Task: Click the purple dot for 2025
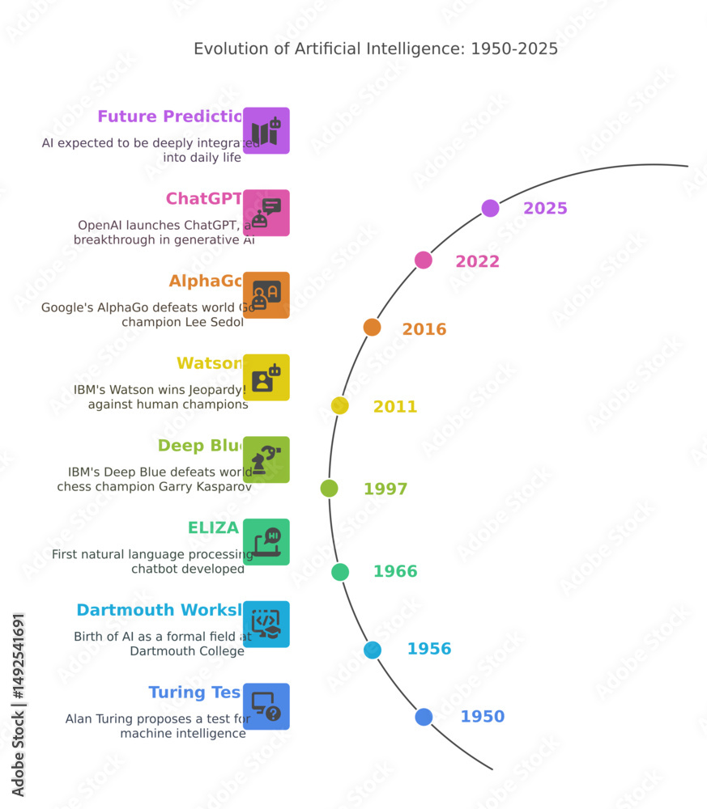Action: pos(490,209)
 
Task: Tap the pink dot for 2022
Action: pos(424,260)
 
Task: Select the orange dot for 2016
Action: pos(372,327)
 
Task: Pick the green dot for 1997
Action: pos(329,488)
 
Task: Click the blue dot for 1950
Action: pos(424,717)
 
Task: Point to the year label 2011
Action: pos(394,407)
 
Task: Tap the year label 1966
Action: pos(394,572)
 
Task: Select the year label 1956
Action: pos(428,649)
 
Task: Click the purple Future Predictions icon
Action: pos(266,131)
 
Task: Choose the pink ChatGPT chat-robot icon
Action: pos(266,213)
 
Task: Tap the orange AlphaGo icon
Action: pos(266,295)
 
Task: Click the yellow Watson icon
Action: pos(266,378)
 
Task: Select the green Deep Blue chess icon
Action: pos(266,460)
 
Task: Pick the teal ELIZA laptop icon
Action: pos(266,542)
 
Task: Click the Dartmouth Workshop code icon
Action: pos(266,625)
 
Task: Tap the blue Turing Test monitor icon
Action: pos(266,706)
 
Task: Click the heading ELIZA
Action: pos(213,528)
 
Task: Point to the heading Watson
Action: pos(209,363)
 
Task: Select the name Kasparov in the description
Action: pos(221,487)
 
